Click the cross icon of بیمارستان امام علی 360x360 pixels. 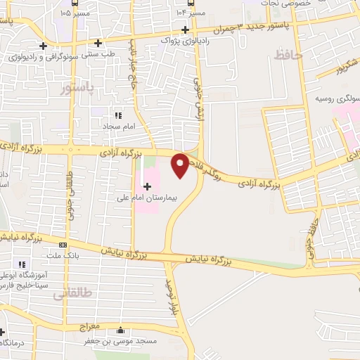click(x=147, y=186)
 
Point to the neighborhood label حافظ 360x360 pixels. click(x=287, y=53)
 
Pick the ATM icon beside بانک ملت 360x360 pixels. click(x=63, y=245)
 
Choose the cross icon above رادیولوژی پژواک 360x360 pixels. click(x=185, y=30)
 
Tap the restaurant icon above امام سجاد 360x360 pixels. click(x=118, y=115)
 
